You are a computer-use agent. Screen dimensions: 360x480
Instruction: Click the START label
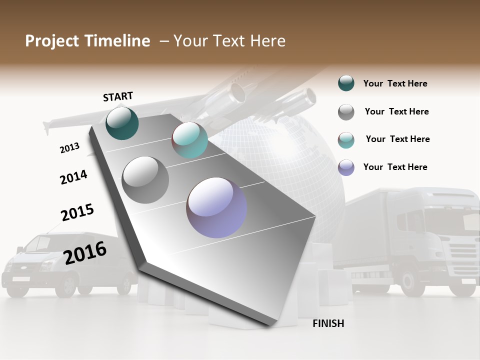pos(118,96)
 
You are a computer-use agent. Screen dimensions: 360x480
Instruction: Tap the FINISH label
pos(328,323)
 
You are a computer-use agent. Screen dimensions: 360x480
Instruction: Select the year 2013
pos(69,148)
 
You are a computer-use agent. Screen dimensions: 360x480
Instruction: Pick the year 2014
pos(73,177)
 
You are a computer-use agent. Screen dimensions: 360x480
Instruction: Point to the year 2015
pos(77,212)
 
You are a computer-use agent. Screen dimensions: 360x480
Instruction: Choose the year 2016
pos(85,252)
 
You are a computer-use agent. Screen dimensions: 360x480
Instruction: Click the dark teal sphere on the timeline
pos(122,123)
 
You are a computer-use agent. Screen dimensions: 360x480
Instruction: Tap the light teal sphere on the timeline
pos(189,140)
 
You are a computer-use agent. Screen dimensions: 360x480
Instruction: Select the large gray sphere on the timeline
pos(145,179)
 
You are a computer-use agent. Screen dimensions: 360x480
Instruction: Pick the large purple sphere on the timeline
pos(216,207)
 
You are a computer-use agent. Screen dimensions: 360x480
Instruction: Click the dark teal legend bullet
pos(346,83)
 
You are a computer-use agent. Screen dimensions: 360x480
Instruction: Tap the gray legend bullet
pos(346,112)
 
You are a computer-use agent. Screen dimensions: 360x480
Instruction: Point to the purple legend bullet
pos(346,167)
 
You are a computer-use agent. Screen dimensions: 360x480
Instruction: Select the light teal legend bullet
pos(346,140)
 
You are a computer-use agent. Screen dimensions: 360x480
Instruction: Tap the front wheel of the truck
pos(413,283)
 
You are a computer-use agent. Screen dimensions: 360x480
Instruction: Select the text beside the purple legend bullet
pos(395,167)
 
